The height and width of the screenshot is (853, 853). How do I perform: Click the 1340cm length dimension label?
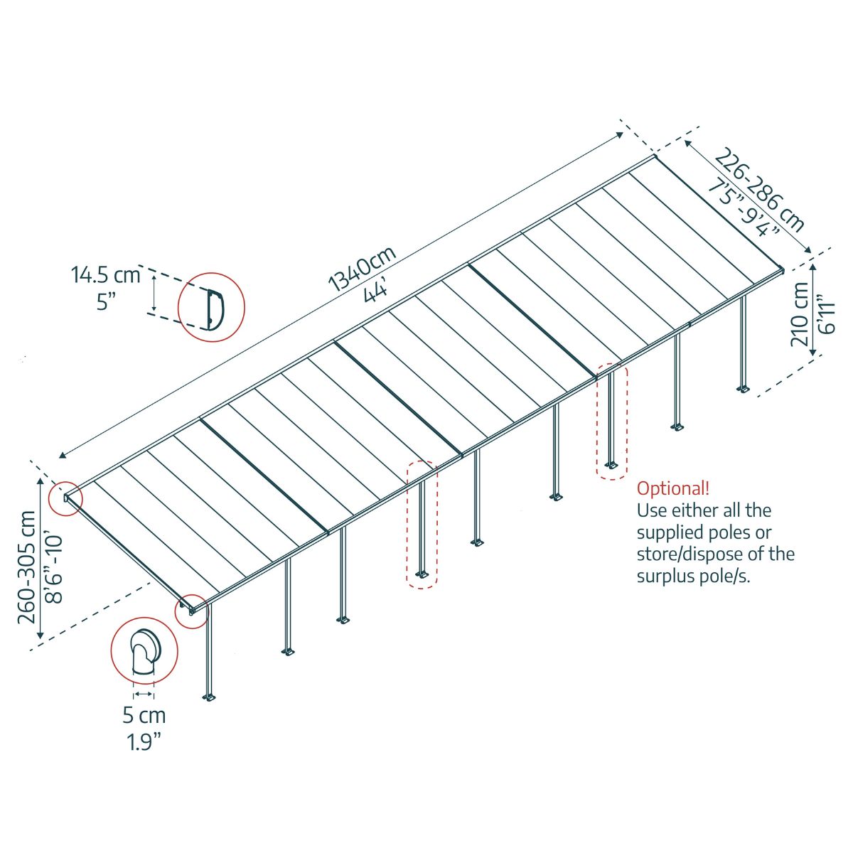click(x=362, y=270)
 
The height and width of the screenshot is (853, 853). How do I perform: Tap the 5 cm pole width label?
click(x=144, y=715)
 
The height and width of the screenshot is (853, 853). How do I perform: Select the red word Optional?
click(x=672, y=488)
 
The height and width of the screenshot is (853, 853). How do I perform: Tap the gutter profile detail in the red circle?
click(x=211, y=308)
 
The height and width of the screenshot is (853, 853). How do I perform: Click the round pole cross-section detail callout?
click(x=144, y=650)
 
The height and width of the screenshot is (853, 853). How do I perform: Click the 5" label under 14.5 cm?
click(x=107, y=301)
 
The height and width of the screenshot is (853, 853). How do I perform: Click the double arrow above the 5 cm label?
click(x=144, y=693)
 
